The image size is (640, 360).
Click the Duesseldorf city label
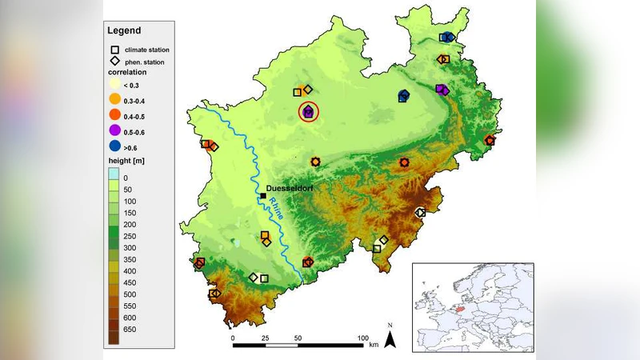(290, 188)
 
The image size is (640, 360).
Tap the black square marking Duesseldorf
(263, 195)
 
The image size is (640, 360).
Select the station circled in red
(308, 113)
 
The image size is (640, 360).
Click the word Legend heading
(123, 30)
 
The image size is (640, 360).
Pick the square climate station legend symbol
(115, 49)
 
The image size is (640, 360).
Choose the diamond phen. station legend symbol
(115, 61)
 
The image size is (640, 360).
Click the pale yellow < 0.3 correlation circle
(115, 85)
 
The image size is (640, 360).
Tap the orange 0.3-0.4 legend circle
(115, 100)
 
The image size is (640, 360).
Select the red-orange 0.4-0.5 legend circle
(115, 115)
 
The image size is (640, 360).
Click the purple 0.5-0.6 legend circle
(115, 130)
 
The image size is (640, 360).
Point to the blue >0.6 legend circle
(115, 146)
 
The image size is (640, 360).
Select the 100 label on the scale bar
(362, 338)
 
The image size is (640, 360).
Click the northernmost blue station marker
(446, 37)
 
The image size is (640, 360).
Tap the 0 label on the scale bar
(233, 338)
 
